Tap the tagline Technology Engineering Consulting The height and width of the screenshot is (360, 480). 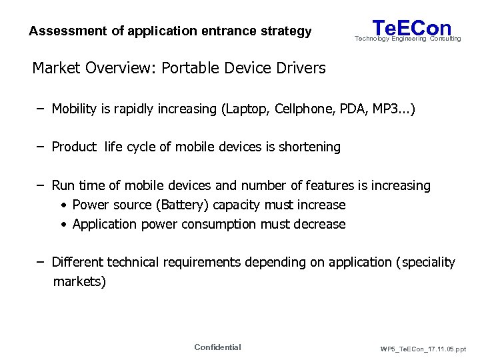(407, 39)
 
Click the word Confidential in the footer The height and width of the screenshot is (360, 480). (217, 347)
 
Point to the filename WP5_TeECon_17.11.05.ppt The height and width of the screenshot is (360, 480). (423, 349)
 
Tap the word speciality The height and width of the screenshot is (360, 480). (428, 262)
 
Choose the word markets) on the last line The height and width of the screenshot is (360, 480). (79, 281)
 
